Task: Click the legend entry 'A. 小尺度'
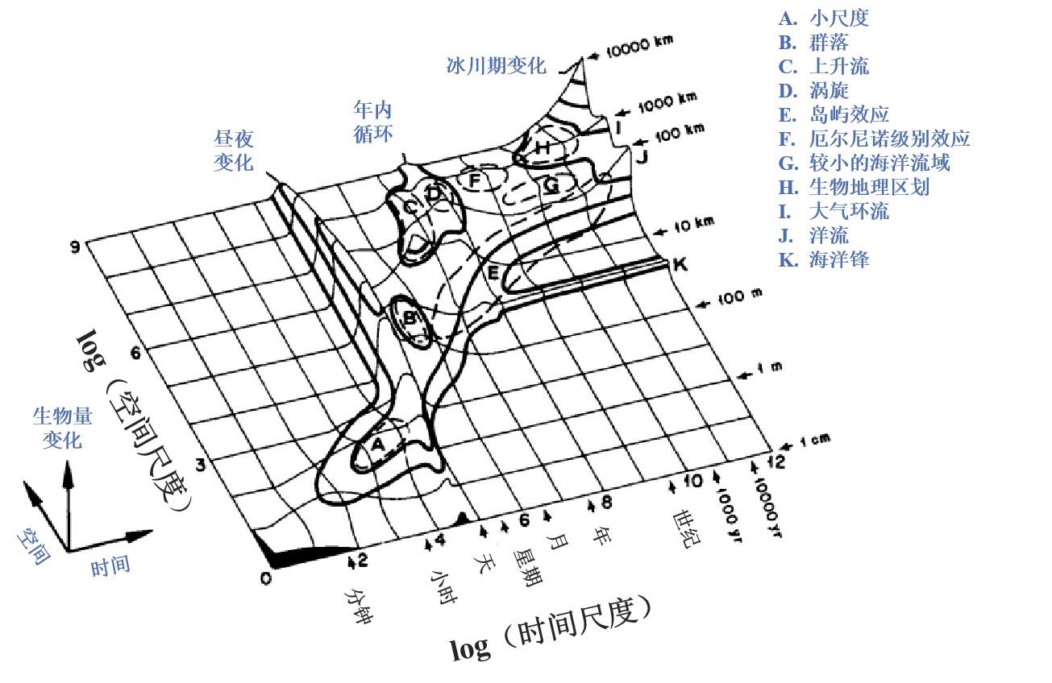[x=824, y=18]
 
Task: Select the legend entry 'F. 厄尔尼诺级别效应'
[x=874, y=139]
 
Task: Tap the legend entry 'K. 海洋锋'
[x=824, y=259]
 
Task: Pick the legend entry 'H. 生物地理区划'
[x=854, y=187]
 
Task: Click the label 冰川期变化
[x=496, y=66]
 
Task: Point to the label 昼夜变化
[x=234, y=151]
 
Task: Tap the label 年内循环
[x=373, y=121]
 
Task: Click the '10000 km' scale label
[x=639, y=47]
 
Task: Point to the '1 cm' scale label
[x=814, y=441]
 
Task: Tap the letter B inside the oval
[x=410, y=318]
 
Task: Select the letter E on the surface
[x=493, y=273]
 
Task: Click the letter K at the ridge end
[x=680, y=263]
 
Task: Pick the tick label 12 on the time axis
[x=775, y=461]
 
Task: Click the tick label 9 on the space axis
[x=75, y=246]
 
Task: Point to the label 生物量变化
[x=63, y=428]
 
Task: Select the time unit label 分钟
[x=360, y=606]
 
